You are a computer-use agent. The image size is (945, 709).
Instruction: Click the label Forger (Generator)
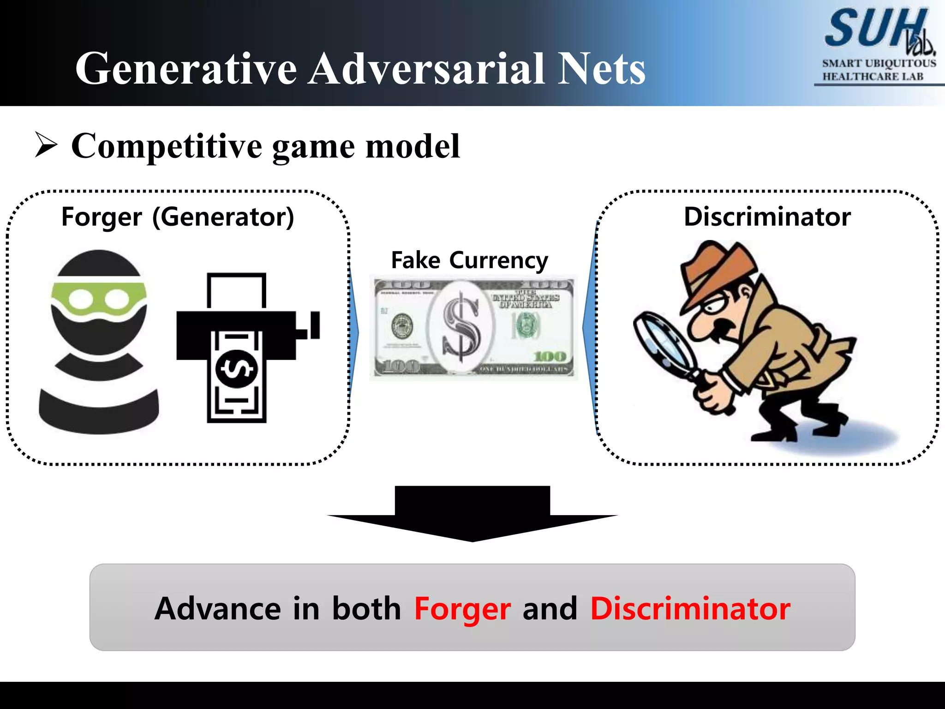178,217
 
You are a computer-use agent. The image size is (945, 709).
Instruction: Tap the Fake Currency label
469,260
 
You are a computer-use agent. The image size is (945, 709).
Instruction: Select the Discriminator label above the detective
767,217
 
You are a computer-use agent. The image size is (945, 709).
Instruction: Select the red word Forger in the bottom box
462,609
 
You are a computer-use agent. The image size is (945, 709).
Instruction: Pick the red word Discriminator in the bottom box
690,609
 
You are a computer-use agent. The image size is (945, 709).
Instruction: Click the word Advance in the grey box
217,609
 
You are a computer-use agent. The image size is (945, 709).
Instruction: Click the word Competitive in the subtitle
167,146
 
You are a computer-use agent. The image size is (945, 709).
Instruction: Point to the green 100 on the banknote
550,356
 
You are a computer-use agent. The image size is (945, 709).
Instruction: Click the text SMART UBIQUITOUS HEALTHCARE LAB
879,70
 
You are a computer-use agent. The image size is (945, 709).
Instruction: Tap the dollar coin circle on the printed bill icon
236,368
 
